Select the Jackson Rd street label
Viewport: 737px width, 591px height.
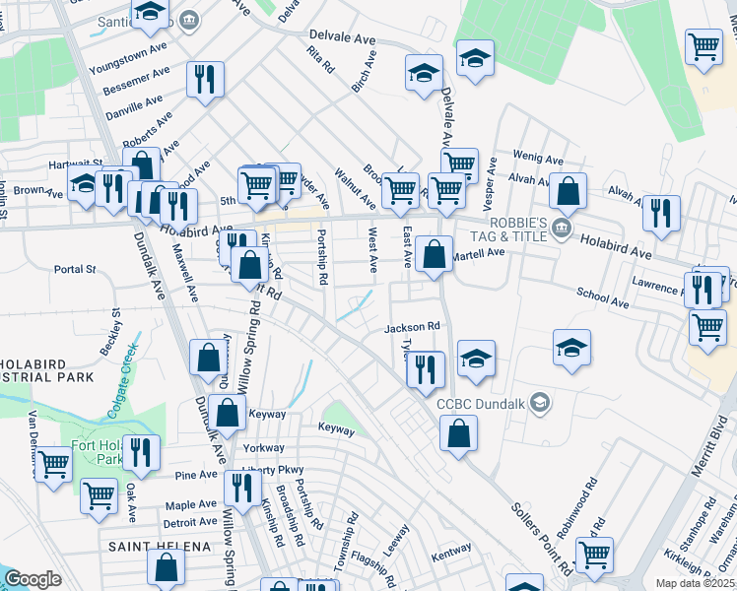coord(412,327)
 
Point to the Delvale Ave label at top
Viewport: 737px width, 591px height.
coord(342,37)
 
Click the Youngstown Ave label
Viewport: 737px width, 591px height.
coord(128,58)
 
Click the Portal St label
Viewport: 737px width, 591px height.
coord(75,268)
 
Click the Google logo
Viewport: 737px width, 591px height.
coord(32,579)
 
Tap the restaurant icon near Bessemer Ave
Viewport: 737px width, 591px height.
coord(205,82)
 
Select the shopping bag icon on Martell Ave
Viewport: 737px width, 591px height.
coord(434,254)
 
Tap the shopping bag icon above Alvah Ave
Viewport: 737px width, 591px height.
coord(569,191)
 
